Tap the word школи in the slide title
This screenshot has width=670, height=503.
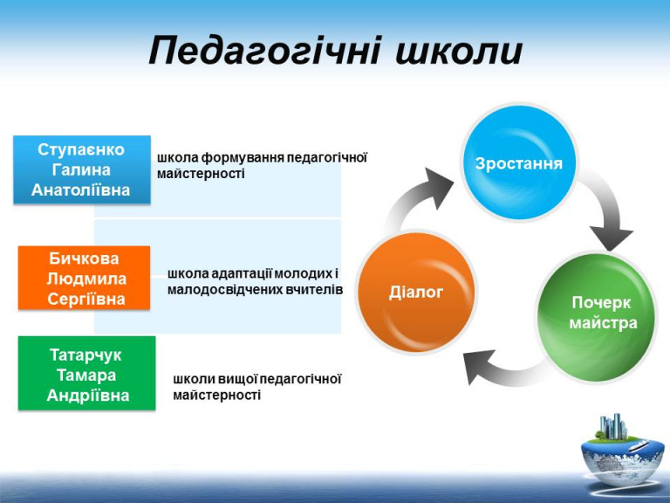tap(459, 52)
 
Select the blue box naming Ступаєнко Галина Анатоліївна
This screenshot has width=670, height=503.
tap(82, 169)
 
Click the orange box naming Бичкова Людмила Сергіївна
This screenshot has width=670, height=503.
tap(84, 278)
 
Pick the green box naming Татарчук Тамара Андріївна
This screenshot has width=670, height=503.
tap(86, 373)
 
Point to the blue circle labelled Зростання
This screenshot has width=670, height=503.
tap(519, 163)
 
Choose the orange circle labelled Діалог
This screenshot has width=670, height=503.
tap(416, 293)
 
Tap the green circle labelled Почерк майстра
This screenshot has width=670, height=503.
tap(597, 316)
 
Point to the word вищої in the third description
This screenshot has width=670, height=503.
tap(237, 379)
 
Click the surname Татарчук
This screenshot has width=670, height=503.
tap(85, 355)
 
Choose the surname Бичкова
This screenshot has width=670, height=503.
tap(84, 258)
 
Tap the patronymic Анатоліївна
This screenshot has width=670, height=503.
tap(81, 189)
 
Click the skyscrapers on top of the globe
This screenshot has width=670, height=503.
tap(612, 426)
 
